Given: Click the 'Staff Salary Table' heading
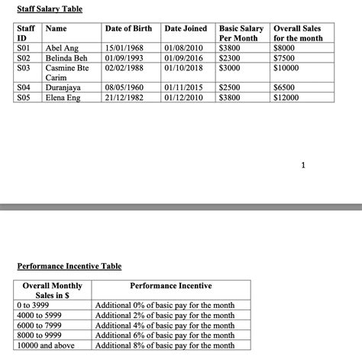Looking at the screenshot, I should [x=50, y=8].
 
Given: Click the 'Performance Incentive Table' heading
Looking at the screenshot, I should [x=69, y=266].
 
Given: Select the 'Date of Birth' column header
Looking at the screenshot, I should [x=128, y=28].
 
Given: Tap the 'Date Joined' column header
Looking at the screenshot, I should [x=186, y=28].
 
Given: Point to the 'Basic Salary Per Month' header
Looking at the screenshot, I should [x=241, y=33].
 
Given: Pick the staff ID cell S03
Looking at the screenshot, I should [x=23, y=67].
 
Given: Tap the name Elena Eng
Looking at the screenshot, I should [x=63, y=97].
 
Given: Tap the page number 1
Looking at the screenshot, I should [x=303, y=164].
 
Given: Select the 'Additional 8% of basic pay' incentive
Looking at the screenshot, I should [x=164, y=345].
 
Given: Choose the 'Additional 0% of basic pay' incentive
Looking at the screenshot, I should [x=164, y=305].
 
